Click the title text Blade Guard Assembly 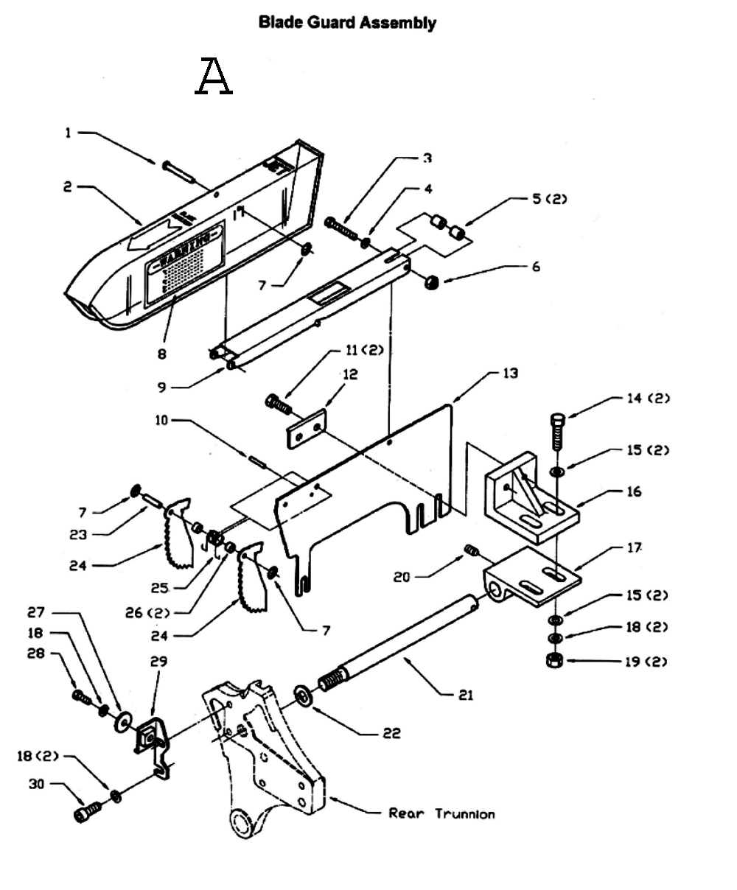pyautogui.click(x=346, y=23)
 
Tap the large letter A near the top pyautogui.click(x=214, y=77)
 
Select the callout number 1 pyautogui.click(x=69, y=133)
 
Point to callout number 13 pyautogui.click(x=510, y=374)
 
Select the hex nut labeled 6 pyautogui.click(x=433, y=281)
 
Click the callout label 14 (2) pyautogui.click(x=647, y=399)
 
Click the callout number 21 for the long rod pyautogui.click(x=465, y=695)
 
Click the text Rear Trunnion pyautogui.click(x=441, y=813)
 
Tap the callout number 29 pyautogui.click(x=158, y=661)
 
